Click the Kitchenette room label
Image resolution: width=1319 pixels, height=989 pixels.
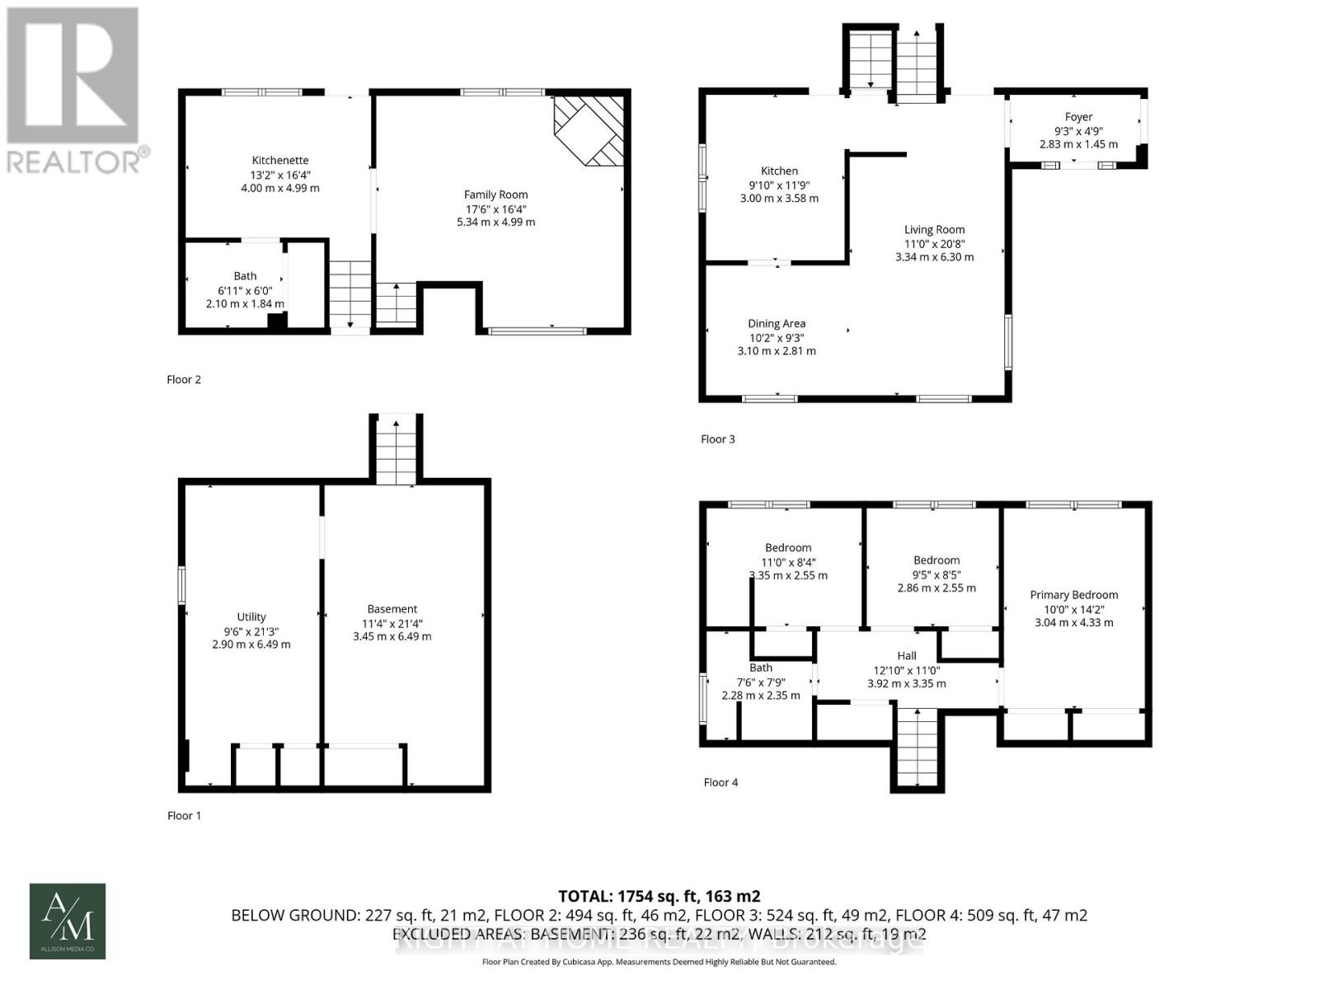pos(280,161)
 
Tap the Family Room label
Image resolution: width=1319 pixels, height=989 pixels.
pos(495,195)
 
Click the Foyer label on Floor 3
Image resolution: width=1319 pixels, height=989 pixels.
pos(1078,117)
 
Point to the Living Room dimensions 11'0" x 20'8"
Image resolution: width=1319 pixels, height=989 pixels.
pos(934,243)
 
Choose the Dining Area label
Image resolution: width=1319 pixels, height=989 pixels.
pos(777,324)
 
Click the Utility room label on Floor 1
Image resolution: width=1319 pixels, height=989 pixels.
pos(251,616)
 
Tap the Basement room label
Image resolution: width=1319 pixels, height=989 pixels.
pos(392,609)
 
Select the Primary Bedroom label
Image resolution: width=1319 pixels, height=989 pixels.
pos(1073,595)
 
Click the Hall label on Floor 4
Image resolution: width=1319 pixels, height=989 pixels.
pos(907,656)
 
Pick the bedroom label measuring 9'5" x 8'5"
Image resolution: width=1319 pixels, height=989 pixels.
pos(936,560)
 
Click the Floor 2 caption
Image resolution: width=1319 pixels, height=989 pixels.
pos(184,380)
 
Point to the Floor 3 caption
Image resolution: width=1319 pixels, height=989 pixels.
pos(718,439)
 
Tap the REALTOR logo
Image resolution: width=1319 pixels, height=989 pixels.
pos(77,91)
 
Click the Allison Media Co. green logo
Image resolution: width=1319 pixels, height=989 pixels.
pos(68,921)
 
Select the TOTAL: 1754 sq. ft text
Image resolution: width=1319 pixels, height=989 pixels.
pos(659,896)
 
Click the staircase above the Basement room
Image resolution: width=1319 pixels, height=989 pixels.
pos(396,451)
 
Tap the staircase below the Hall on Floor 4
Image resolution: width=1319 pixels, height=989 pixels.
pos(917,748)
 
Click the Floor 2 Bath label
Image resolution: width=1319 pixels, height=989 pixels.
pos(245,276)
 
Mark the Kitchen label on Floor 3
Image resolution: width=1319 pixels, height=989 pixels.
pos(779,171)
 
